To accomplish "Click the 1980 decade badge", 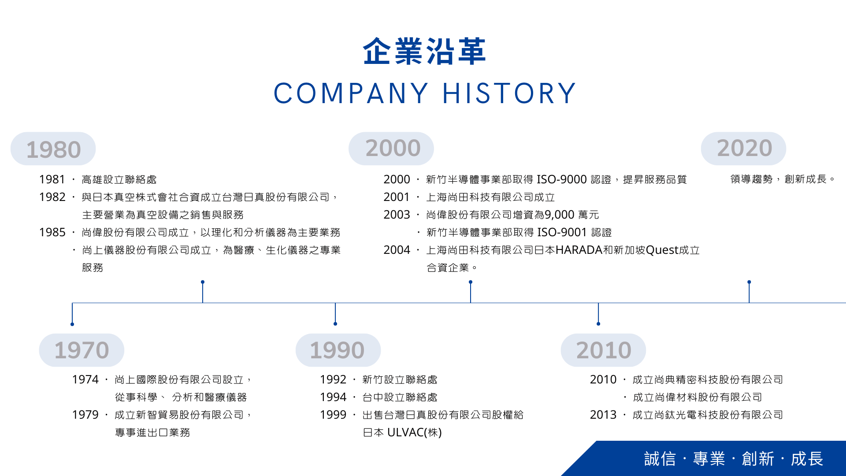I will tap(53, 149).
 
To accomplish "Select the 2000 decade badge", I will tap(391, 149).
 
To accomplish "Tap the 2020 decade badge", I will tap(744, 149).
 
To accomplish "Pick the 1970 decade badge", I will tap(82, 350).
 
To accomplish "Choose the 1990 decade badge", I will tap(338, 350).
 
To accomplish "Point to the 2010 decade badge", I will tap(603, 350).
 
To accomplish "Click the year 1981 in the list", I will tap(52, 179).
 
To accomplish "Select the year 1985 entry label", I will tap(52, 232).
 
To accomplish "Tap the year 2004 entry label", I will tap(397, 250).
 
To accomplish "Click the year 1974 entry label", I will tap(85, 379).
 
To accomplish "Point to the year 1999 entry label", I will tap(333, 415).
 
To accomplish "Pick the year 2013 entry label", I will tap(603, 415).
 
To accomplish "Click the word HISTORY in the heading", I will tap(509, 93).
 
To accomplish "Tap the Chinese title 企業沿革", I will tap(424, 52).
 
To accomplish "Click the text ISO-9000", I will tap(561, 179).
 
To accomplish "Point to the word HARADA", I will tap(579, 250).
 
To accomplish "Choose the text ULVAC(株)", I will tap(414, 432).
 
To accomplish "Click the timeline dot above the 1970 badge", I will tap(72, 324).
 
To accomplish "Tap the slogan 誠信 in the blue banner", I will tap(660, 459).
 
